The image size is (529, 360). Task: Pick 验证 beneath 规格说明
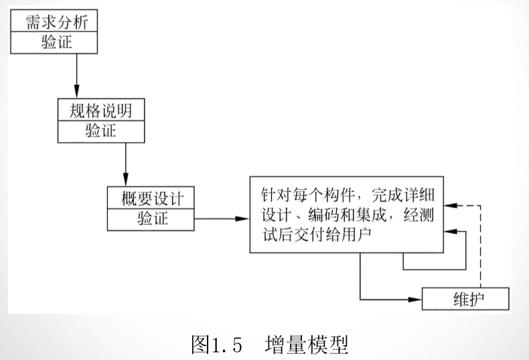(101, 130)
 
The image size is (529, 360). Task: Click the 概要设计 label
(150, 198)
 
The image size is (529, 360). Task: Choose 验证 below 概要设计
(150, 219)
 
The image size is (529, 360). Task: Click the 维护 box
(465, 298)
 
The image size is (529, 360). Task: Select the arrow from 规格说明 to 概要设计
(125, 163)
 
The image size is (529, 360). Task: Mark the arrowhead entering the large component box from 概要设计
(244, 219)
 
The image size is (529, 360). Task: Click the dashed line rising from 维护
(480, 248)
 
